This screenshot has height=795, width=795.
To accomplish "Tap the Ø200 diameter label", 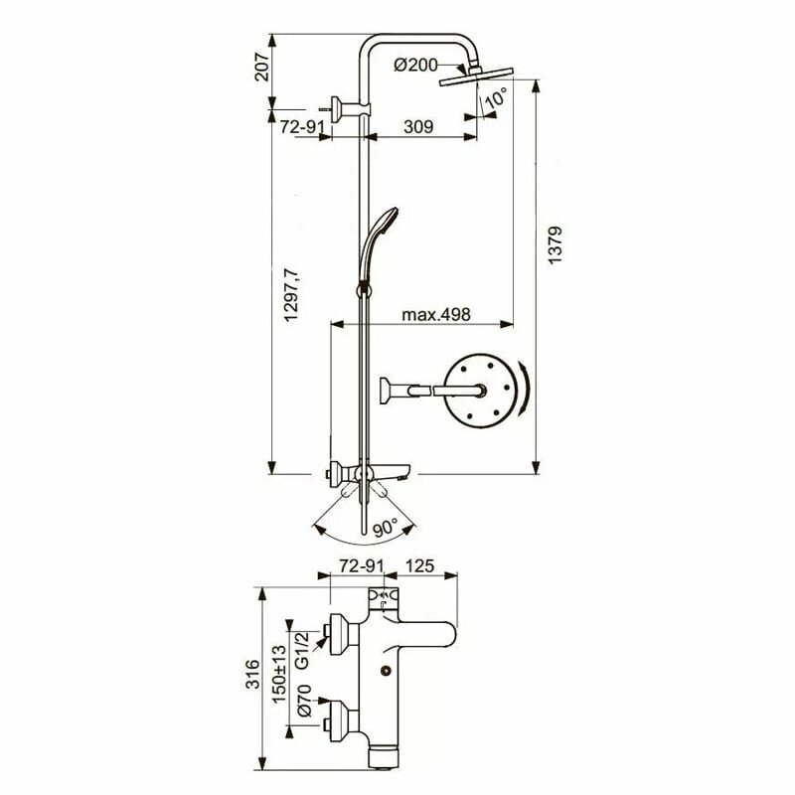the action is (416, 65).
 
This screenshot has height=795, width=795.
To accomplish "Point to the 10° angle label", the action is (496, 97).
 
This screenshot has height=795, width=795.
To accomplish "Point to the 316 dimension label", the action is (251, 679).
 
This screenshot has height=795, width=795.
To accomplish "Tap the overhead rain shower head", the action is (475, 80).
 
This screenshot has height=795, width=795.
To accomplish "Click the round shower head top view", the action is (481, 391).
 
